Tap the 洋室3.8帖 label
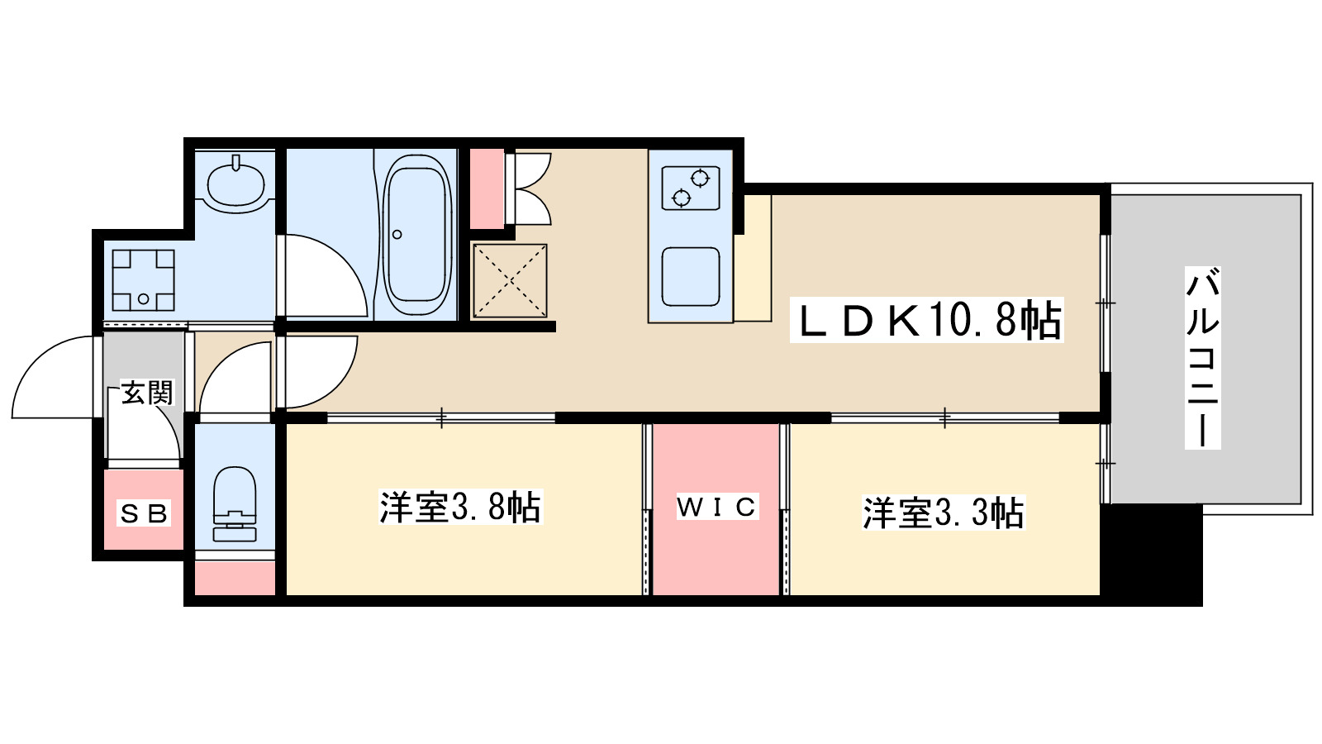tap(460, 508)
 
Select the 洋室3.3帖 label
tap(943, 513)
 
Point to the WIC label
tap(716, 507)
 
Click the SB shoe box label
tap(144, 514)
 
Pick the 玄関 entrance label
tap(147, 393)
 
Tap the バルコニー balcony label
tap(1202, 357)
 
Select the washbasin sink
tap(236, 184)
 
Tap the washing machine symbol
tap(144, 279)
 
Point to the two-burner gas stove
tap(690, 188)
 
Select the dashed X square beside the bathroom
tap(510, 281)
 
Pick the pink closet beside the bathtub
tap(487, 188)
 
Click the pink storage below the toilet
tap(235, 578)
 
